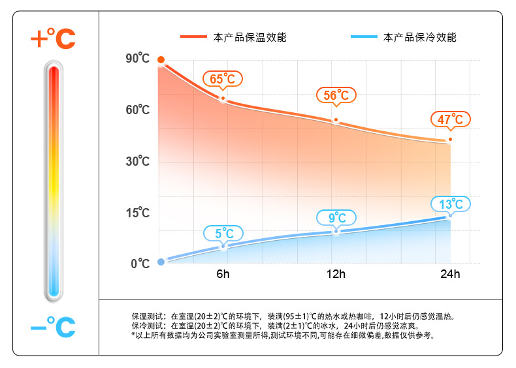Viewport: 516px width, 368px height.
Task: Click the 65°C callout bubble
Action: pos(223,79)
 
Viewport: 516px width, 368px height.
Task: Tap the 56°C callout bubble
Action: pos(336,95)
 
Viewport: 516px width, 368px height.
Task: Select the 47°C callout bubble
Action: pos(450,119)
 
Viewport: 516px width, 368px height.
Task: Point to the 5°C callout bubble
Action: pos(223,233)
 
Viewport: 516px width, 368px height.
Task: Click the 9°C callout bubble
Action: pos(336,217)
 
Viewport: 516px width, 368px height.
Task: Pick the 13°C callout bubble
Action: pos(450,204)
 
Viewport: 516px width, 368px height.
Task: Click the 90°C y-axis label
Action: pos(137,59)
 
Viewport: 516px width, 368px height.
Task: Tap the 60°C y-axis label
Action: pos(137,110)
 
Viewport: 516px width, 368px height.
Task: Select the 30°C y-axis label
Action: pos(137,161)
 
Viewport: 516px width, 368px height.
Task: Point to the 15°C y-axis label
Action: pos(137,213)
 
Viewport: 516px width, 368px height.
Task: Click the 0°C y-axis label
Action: pos(140,264)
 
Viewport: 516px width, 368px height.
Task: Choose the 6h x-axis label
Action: pos(223,274)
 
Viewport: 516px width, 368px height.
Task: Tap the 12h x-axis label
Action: pos(336,274)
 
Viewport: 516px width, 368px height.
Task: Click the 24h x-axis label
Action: pos(449,274)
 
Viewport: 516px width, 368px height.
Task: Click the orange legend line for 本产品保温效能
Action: pos(193,37)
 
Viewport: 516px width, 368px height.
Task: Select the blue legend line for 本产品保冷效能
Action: pos(363,37)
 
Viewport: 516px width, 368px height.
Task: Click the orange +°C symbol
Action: pos(53,38)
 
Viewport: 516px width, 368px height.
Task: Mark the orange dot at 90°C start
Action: pos(161,60)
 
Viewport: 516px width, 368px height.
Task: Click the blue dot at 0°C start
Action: pos(161,263)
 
